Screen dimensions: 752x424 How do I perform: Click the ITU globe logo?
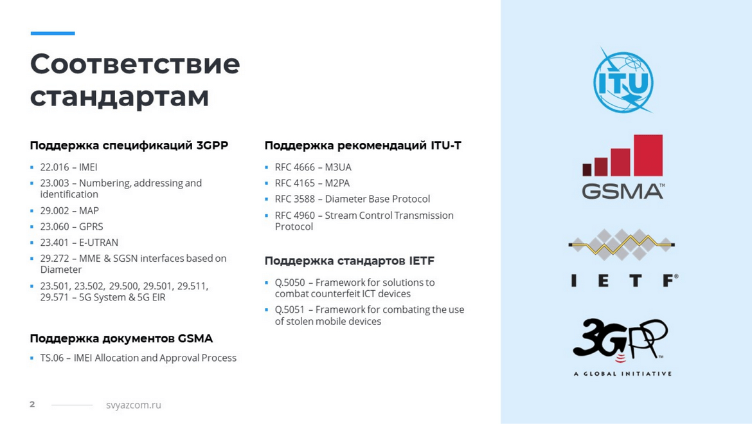click(x=623, y=80)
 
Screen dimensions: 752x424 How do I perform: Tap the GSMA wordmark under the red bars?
click(x=623, y=191)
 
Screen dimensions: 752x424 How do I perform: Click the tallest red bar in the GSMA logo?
click(x=648, y=155)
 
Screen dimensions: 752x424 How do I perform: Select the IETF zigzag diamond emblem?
click(x=622, y=244)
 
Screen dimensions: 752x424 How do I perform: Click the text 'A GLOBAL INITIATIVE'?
click(x=623, y=374)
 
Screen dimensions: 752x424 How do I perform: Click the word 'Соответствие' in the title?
click(x=135, y=64)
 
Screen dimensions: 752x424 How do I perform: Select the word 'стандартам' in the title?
click(x=120, y=96)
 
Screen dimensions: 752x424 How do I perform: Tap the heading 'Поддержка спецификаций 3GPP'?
click(x=129, y=145)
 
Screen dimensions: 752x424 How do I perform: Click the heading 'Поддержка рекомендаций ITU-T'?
click(x=363, y=145)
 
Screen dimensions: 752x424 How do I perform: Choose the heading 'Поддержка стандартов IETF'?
click(x=349, y=261)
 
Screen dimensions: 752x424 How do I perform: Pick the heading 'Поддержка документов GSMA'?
click(x=121, y=338)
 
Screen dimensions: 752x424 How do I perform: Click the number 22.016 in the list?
click(x=55, y=167)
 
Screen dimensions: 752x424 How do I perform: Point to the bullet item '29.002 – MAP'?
click(x=69, y=210)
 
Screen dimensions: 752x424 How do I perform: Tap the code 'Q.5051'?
click(x=290, y=309)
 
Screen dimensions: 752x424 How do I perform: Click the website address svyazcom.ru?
click(x=133, y=405)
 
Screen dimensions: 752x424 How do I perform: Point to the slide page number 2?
click(x=32, y=404)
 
